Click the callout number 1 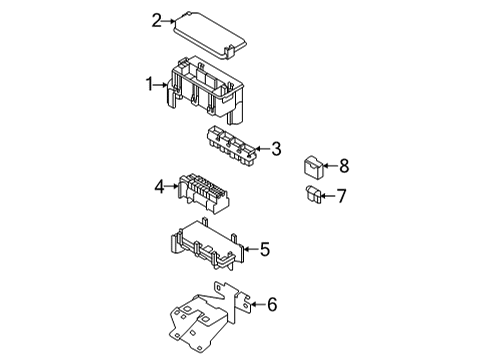coord(151,85)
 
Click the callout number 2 coord(157,19)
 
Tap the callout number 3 coord(276,150)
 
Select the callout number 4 coord(160,185)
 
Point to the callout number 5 coord(265,250)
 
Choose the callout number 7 coord(341,196)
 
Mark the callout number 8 coord(343,165)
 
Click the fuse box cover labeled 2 coord(208,34)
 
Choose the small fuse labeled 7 coord(310,193)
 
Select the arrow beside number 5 coord(249,250)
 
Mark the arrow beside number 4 coord(173,185)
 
